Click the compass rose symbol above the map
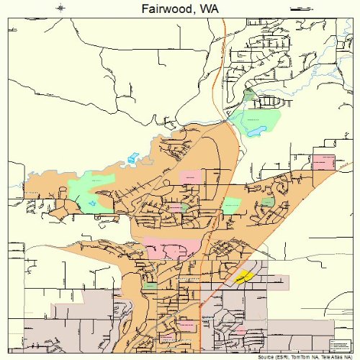[60, 8]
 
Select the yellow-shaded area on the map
[245, 276]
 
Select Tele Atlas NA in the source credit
[336, 356]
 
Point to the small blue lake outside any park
[131, 158]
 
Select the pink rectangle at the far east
[323, 161]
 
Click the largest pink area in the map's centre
[171, 248]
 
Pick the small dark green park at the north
[249, 94]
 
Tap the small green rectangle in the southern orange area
[150, 286]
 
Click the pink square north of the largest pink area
[190, 177]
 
